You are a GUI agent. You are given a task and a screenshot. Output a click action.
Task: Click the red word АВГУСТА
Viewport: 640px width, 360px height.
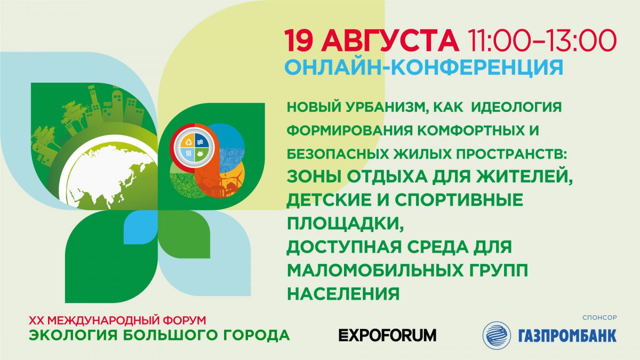click(391, 41)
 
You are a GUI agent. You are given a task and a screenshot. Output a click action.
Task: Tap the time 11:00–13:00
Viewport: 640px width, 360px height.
click(541, 41)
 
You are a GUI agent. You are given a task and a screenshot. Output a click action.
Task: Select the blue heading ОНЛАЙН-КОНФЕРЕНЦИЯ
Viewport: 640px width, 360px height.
click(424, 67)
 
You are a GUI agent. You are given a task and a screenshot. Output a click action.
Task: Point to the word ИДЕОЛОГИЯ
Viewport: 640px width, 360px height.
click(516, 107)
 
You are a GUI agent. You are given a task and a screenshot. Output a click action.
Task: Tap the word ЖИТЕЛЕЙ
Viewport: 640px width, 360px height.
click(523, 177)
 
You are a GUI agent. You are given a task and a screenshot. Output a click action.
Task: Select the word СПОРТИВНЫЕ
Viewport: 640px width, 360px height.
click(459, 199)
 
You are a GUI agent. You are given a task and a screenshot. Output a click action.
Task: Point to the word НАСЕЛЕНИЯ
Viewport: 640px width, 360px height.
click(343, 293)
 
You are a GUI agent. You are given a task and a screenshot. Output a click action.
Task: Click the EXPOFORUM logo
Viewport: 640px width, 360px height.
click(387, 335)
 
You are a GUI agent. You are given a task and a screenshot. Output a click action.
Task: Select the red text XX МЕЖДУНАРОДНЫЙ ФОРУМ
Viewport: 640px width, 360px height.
click(117, 321)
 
